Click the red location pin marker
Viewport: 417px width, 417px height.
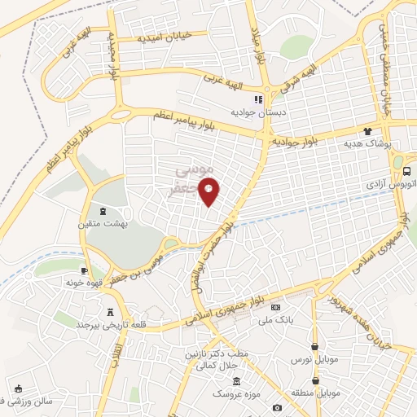210,192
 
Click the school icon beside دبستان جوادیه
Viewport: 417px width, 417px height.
257,100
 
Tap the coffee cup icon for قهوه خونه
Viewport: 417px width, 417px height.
84,270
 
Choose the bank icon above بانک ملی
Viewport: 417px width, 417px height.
276,307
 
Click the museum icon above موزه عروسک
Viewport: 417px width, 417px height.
236,382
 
